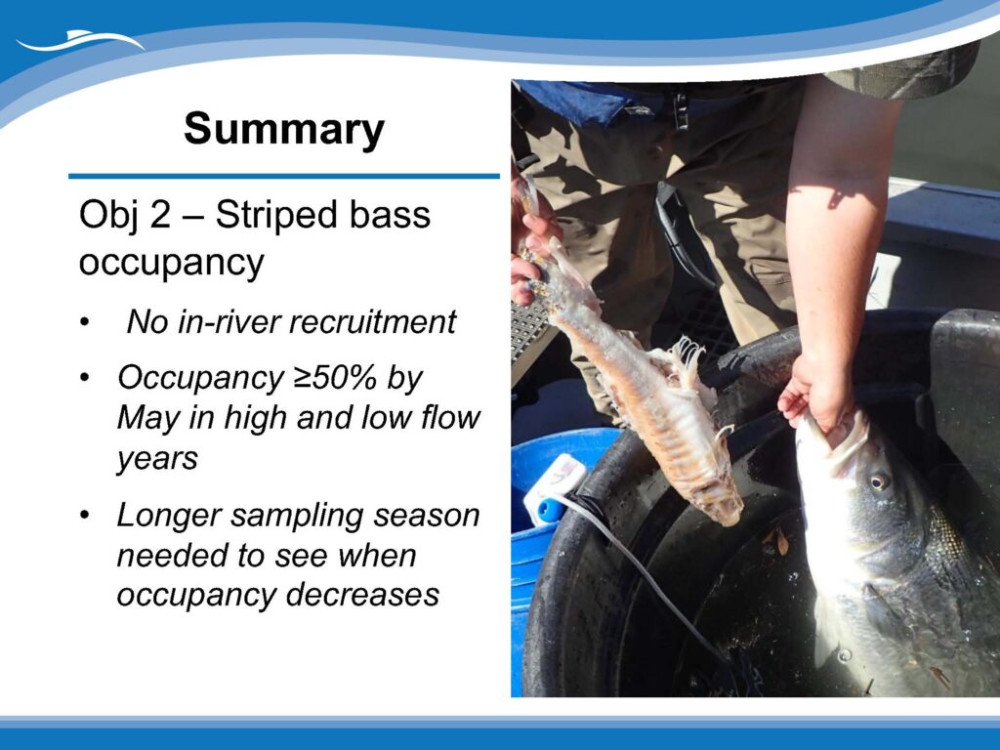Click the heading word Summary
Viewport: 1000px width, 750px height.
(284, 129)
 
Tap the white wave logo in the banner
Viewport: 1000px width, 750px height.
(81, 41)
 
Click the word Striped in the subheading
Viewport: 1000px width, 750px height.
(268, 216)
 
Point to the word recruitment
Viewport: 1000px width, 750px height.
(373, 321)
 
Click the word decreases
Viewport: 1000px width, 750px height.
(362, 595)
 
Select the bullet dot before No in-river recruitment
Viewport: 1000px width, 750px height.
(85, 322)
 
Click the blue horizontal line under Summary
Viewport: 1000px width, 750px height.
(284, 176)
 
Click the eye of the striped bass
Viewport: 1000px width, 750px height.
(880, 480)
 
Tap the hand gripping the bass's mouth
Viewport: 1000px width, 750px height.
(818, 392)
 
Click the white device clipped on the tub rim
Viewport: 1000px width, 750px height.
(556, 487)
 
